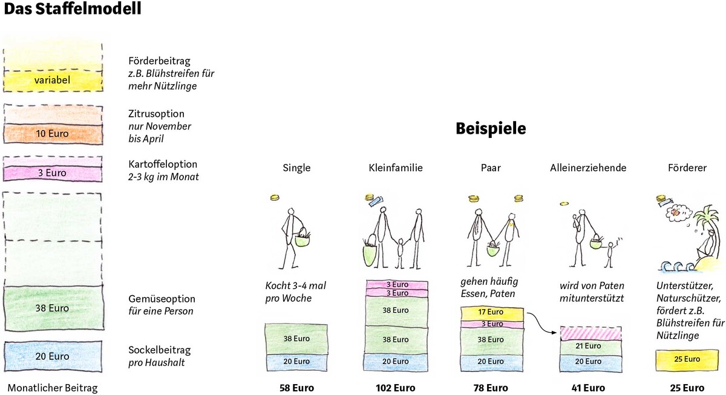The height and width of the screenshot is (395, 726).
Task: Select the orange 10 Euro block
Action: pos(53,133)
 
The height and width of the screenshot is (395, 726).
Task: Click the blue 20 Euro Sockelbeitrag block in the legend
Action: pos(53,356)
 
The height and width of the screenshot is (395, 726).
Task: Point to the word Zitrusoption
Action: pos(157,114)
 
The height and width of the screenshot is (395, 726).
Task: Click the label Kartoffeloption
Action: pos(163,164)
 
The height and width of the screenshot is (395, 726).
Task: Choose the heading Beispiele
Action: pos(490,128)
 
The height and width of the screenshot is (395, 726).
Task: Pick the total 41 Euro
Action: pos(588,388)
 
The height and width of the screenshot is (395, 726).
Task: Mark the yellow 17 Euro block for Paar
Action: pos(491,313)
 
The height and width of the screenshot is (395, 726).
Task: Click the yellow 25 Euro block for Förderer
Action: pos(687,359)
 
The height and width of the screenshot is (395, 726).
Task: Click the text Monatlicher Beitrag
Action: pos(52,388)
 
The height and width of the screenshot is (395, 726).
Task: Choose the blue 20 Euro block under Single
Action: pos(296,362)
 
